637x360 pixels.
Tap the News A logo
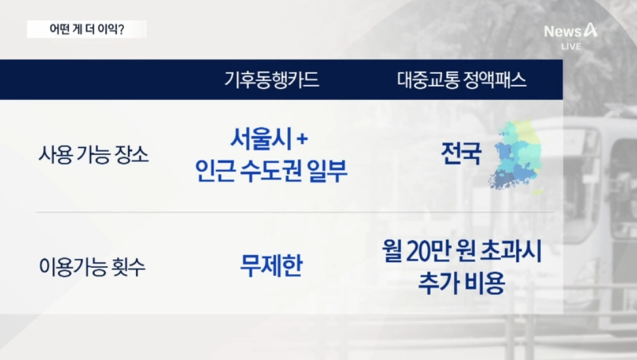(x=570, y=30)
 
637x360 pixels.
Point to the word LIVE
(x=570, y=46)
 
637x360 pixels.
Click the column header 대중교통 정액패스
(x=463, y=80)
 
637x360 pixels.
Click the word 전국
(x=461, y=153)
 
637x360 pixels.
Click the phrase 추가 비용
(x=461, y=283)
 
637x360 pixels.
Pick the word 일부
(x=327, y=171)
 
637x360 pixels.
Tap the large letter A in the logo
(x=589, y=30)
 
